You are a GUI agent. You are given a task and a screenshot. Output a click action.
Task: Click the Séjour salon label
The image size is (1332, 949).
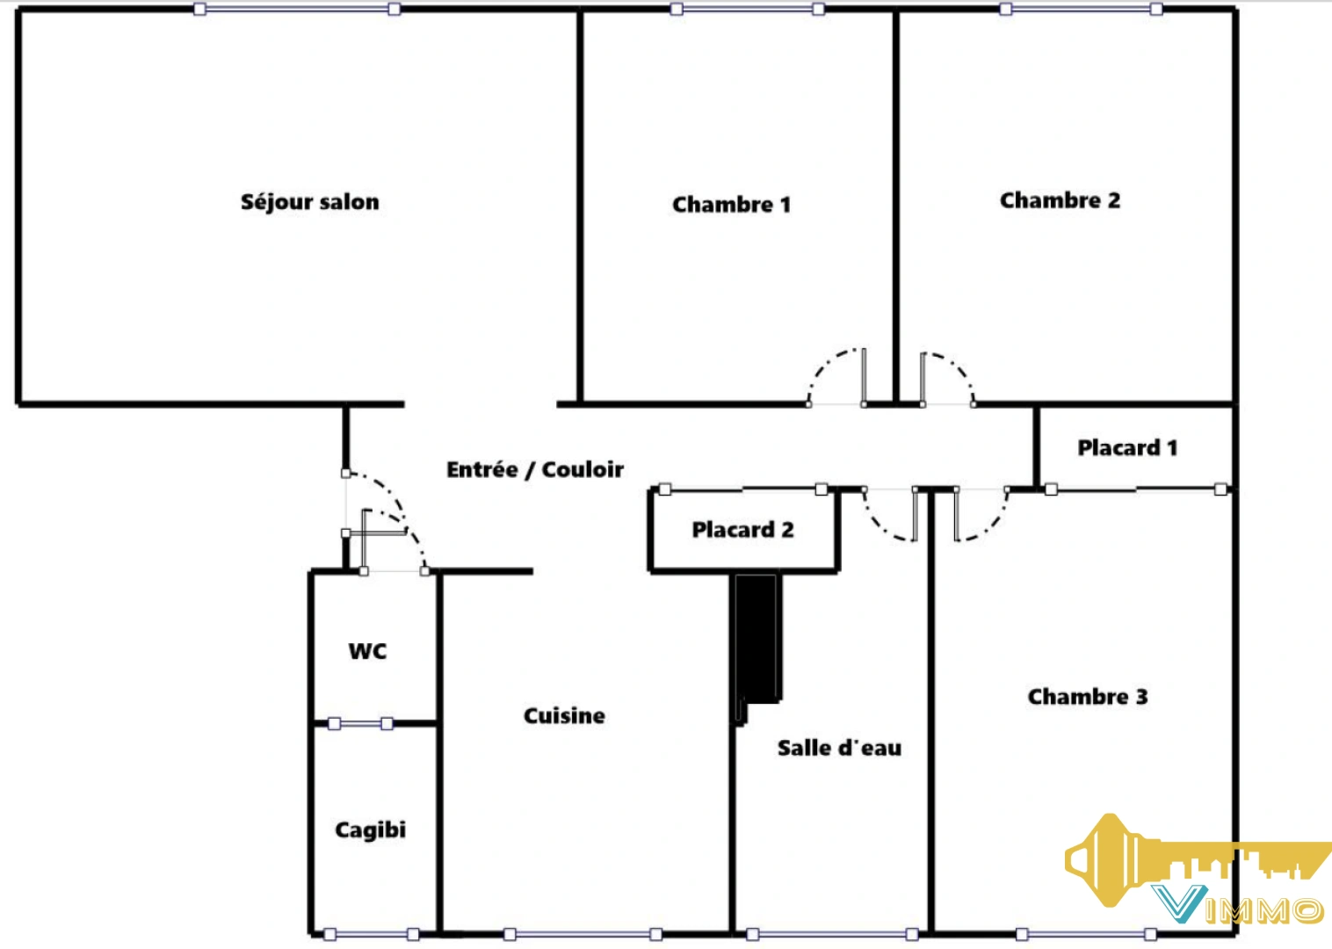tap(309, 202)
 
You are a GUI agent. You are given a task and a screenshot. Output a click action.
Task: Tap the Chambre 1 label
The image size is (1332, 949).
tap(731, 205)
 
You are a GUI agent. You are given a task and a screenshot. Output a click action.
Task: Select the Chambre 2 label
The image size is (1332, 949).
tap(1060, 200)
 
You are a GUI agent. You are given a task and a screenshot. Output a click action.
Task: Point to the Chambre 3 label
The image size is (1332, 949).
tap(1087, 697)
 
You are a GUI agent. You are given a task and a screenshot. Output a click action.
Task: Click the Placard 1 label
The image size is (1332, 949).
tap(1127, 448)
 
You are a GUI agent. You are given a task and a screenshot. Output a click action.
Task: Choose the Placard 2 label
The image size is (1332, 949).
tap(742, 530)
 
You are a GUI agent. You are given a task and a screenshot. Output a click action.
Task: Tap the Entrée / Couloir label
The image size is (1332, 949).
tap(534, 470)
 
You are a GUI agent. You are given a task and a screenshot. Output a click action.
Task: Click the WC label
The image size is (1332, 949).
tap(367, 651)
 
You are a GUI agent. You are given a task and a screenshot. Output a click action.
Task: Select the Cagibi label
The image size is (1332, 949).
tap(370, 829)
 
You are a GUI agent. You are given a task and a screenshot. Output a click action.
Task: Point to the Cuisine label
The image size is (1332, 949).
tap(564, 716)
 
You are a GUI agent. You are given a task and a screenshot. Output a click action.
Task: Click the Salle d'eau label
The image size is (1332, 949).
tap(839, 748)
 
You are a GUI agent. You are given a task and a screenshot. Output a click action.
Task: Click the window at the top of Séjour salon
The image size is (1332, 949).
tap(297, 9)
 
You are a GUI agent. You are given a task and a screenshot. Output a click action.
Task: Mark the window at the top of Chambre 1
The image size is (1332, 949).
tap(747, 9)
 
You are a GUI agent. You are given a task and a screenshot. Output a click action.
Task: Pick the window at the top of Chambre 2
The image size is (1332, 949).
tap(1081, 9)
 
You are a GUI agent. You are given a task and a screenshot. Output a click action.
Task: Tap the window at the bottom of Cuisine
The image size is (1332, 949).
tap(583, 934)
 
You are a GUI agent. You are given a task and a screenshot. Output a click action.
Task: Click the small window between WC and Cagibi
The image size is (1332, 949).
tap(360, 724)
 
